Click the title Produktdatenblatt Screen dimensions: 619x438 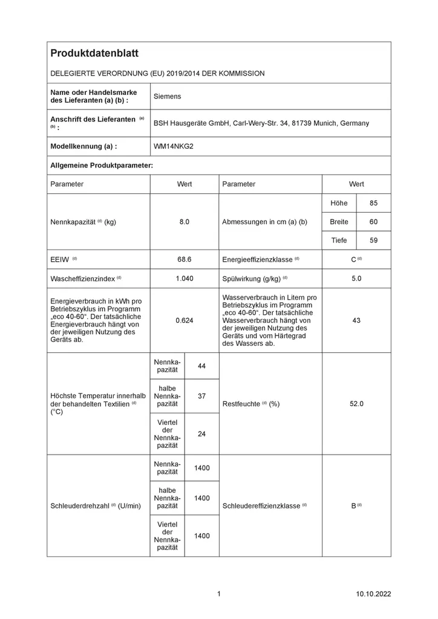point(94,53)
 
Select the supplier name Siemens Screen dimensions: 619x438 point(167,96)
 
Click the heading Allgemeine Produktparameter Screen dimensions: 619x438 point(101,165)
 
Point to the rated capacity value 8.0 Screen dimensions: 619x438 point(184,222)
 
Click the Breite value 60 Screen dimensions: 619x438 point(373,222)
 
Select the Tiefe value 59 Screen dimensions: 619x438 point(373,241)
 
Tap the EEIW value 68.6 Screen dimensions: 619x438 point(184,259)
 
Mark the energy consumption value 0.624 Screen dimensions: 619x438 point(184,320)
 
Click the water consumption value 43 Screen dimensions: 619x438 point(356,320)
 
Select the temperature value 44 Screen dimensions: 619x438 point(202,366)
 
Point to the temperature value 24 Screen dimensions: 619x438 point(202,433)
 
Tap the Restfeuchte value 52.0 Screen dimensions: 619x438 point(356,404)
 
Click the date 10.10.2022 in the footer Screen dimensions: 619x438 point(374,594)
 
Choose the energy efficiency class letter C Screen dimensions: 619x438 point(353,259)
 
